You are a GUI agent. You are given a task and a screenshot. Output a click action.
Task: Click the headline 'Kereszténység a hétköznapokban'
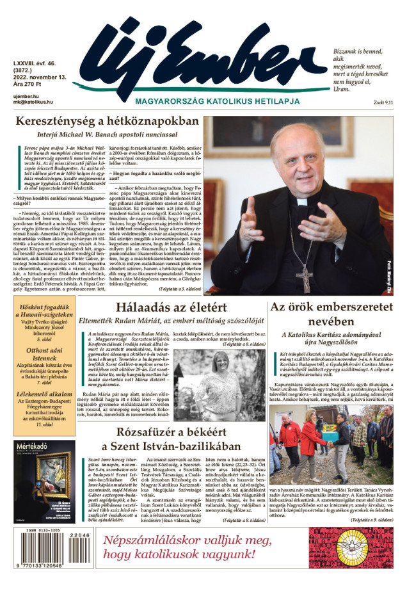point(107,121)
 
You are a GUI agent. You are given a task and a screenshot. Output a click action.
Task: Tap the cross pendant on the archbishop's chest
point(304,275)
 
